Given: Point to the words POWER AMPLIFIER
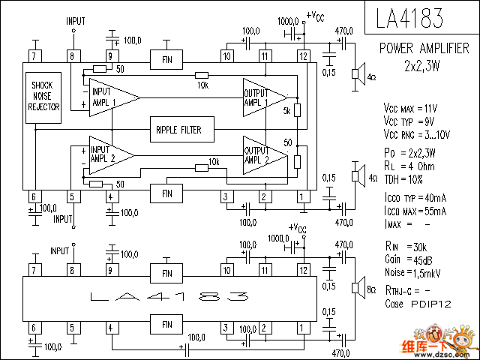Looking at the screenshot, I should click(424, 49).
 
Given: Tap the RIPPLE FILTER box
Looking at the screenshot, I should click(178, 130).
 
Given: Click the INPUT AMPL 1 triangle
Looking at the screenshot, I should click(111, 97).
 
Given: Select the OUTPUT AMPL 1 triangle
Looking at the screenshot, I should click(263, 97).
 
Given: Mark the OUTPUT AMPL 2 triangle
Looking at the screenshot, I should click(263, 155).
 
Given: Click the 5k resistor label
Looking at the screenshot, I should click(286, 111).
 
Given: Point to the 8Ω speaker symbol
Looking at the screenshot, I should click(357, 289).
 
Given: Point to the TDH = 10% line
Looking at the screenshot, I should click(404, 179).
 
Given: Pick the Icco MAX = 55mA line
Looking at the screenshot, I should click(415, 211).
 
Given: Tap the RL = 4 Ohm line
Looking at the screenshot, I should click(409, 166).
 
